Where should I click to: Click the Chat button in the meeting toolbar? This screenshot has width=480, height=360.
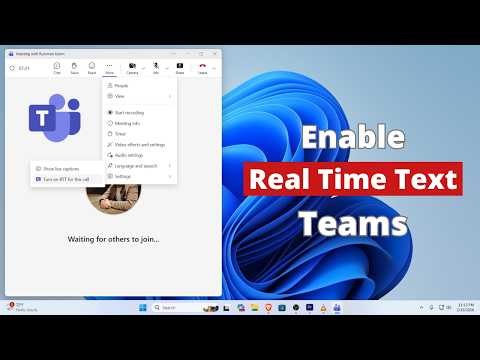click(57, 67)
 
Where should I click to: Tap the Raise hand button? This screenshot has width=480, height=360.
click(75, 67)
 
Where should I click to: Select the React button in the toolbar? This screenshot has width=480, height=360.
click(92, 67)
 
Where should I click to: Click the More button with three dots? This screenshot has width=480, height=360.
click(110, 67)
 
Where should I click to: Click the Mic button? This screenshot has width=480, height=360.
click(156, 67)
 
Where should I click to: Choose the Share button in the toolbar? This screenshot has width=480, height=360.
click(180, 67)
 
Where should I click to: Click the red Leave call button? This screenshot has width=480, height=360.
click(203, 67)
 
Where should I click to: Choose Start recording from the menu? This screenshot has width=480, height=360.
click(128, 113)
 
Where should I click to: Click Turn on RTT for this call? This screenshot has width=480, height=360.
click(67, 178)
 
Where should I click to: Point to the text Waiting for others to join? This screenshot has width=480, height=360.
click(113, 239)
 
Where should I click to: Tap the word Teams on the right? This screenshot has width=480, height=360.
click(352, 219)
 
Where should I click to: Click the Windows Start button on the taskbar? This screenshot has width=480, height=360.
click(141, 306)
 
